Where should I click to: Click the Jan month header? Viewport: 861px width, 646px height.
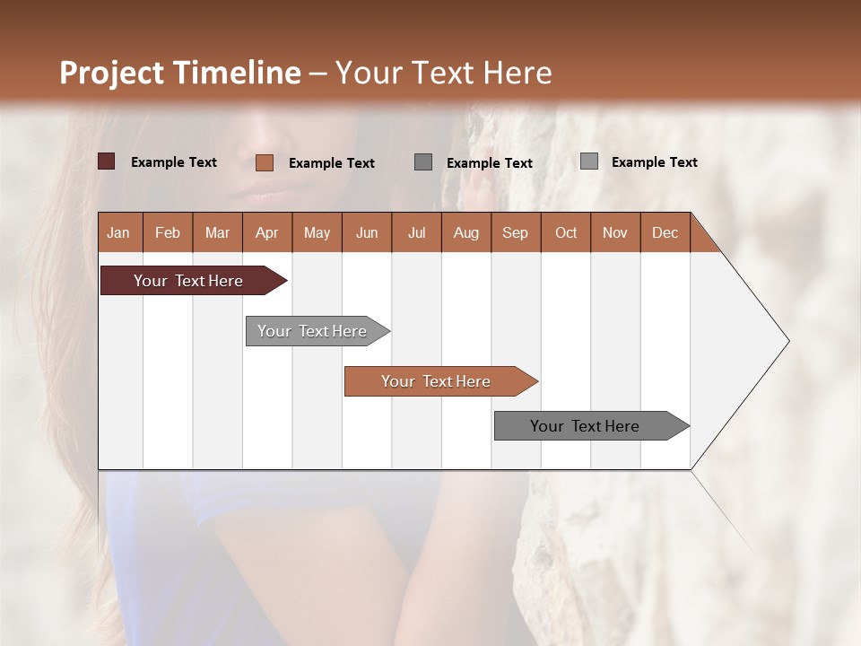(118, 232)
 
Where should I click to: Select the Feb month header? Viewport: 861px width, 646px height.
(168, 232)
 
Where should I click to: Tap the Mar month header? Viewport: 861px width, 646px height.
(217, 232)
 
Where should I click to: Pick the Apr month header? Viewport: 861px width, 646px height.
(267, 232)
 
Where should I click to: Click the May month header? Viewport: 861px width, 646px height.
(317, 232)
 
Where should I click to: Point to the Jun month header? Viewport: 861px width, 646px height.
(367, 232)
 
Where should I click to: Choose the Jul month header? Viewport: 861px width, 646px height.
(416, 232)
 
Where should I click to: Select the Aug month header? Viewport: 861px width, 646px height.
(466, 232)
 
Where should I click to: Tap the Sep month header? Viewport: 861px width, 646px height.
(516, 232)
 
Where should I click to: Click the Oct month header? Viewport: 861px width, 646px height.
(566, 232)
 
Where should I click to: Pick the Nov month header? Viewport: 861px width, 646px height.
(615, 232)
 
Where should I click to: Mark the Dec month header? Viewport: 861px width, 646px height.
(665, 232)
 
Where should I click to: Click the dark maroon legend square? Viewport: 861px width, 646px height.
(107, 161)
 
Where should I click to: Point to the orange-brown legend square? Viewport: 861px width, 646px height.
(265, 162)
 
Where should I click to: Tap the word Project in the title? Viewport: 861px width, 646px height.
(111, 73)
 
